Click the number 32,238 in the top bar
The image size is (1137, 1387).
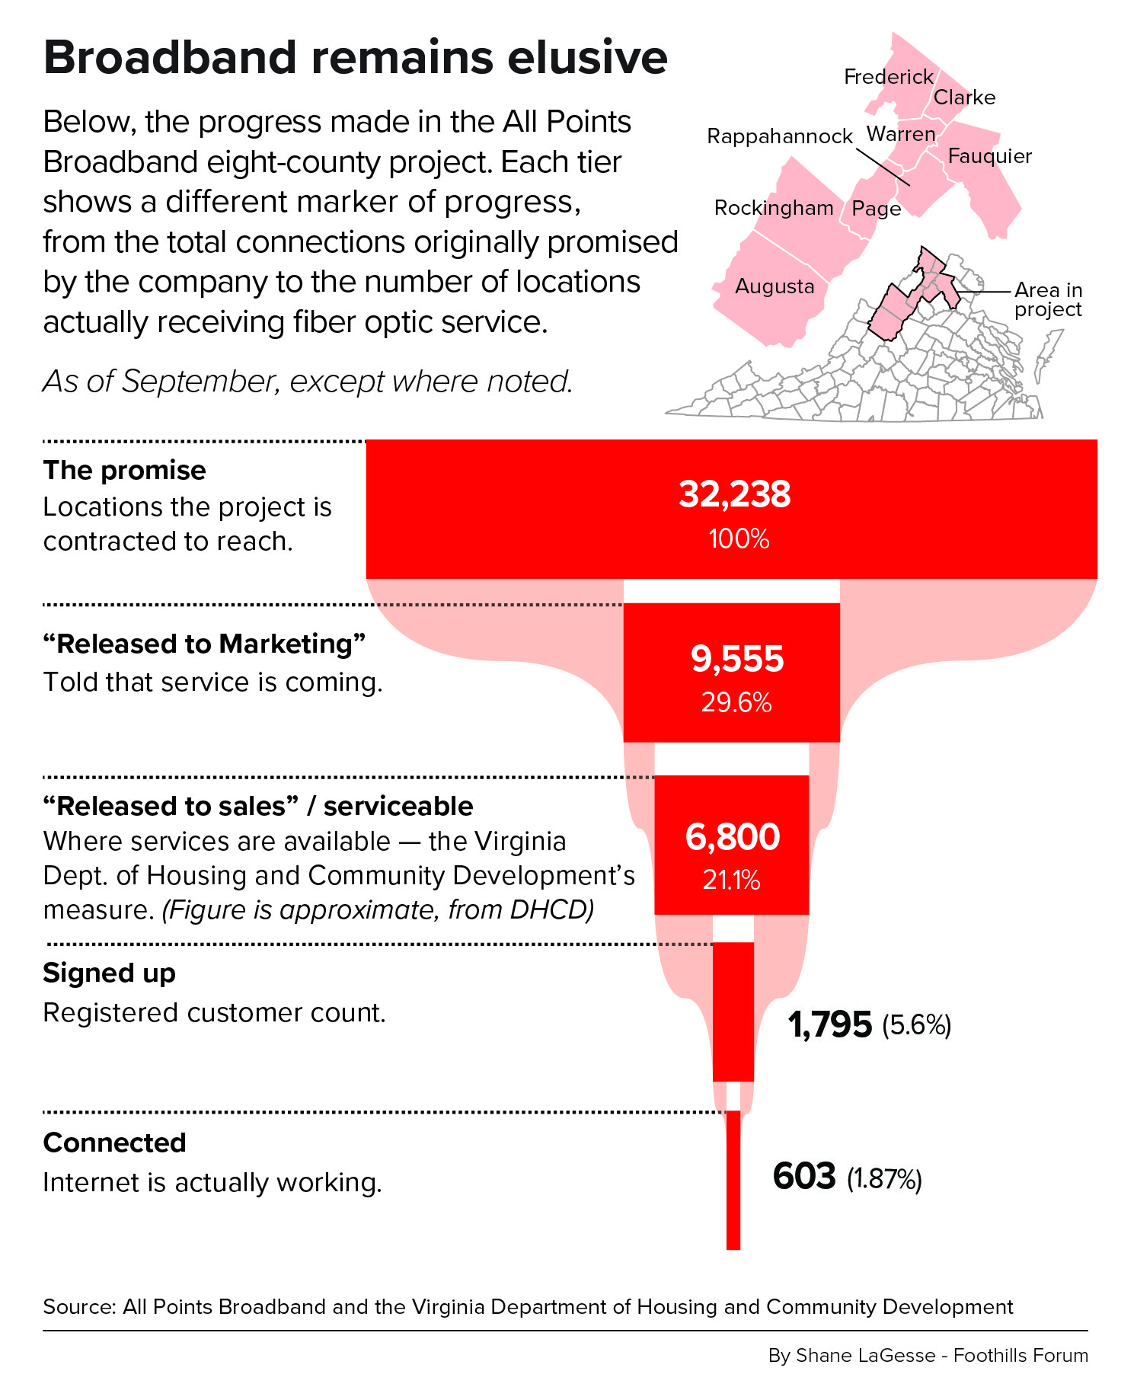click(x=735, y=495)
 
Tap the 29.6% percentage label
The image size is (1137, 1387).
click(x=736, y=702)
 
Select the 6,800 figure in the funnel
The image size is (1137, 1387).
click(x=733, y=837)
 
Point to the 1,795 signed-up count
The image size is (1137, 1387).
click(x=830, y=1025)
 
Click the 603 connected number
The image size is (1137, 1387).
click(x=804, y=1176)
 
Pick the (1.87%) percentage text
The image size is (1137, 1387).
click(x=884, y=1179)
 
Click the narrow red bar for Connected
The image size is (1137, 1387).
click(x=733, y=1180)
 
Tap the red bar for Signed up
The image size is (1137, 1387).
click(x=733, y=1011)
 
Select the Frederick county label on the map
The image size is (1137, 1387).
click(x=889, y=77)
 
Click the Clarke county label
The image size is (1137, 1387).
click(x=964, y=97)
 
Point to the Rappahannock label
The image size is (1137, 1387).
click(x=780, y=136)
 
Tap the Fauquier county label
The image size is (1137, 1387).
click(x=990, y=156)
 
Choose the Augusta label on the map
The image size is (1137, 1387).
click(x=775, y=287)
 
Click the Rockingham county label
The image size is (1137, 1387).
click(x=774, y=208)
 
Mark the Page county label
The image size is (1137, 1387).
click(x=877, y=209)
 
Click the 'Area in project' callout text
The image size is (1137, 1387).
click(x=1048, y=300)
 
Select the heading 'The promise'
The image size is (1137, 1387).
click(x=124, y=471)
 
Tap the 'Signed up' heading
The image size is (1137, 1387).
click(x=110, y=974)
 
